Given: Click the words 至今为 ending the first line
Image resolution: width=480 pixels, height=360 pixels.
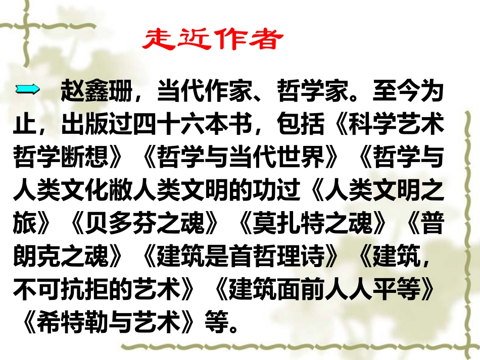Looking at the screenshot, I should click(407, 93).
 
